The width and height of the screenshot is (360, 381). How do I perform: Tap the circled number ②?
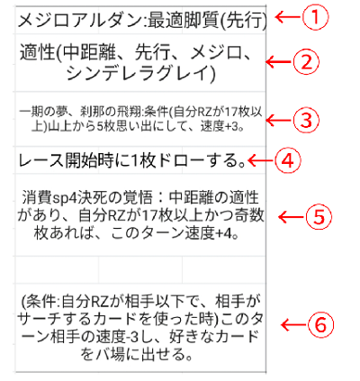(x=307, y=62)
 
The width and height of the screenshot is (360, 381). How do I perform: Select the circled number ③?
(x=306, y=120)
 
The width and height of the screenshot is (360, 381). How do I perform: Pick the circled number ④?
(x=288, y=160)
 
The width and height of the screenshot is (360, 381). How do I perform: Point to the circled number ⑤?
(x=319, y=217)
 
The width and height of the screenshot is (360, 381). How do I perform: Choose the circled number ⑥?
(x=320, y=325)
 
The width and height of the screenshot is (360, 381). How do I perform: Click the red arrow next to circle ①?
(x=288, y=17)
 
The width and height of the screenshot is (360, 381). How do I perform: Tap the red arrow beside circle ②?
(x=279, y=62)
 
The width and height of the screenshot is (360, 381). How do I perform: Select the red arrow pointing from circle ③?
(x=279, y=120)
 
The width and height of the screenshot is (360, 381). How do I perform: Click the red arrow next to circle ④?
(x=261, y=160)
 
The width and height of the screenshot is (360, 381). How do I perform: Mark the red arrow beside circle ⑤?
(x=292, y=217)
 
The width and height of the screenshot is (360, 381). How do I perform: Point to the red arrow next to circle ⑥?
(x=294, y=325)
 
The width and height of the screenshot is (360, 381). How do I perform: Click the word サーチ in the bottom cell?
(x=38, y=320)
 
